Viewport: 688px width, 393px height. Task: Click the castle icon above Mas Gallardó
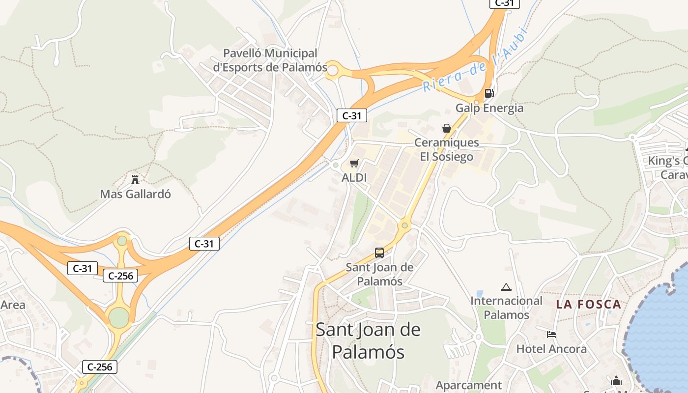coord(135,179)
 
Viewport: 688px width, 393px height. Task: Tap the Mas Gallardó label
coord(136,194)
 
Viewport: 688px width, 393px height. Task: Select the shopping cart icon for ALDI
coord(354,163)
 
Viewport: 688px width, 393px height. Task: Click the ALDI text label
coord(354,177)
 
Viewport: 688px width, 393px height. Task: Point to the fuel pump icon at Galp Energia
coord(489,93)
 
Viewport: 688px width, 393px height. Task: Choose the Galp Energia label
coord(489,108)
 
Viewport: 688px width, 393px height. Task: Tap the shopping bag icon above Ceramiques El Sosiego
coord(447,128)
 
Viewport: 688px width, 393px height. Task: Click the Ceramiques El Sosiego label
coord(447,150)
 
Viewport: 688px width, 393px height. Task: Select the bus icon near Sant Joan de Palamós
coord(379,253)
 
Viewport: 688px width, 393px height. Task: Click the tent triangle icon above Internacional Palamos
coord(506,287)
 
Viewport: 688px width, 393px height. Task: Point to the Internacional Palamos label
coord(507,308)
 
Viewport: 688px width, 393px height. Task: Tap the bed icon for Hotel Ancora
coord(551,335)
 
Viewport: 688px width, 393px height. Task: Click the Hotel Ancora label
coord(551,349)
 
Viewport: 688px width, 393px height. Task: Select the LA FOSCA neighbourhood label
coord(589,304)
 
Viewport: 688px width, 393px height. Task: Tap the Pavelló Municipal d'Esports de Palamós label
coord(270,60)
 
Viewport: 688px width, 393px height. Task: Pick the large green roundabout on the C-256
coord(118,318)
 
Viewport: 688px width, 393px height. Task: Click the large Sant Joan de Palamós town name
coord(368,340)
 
